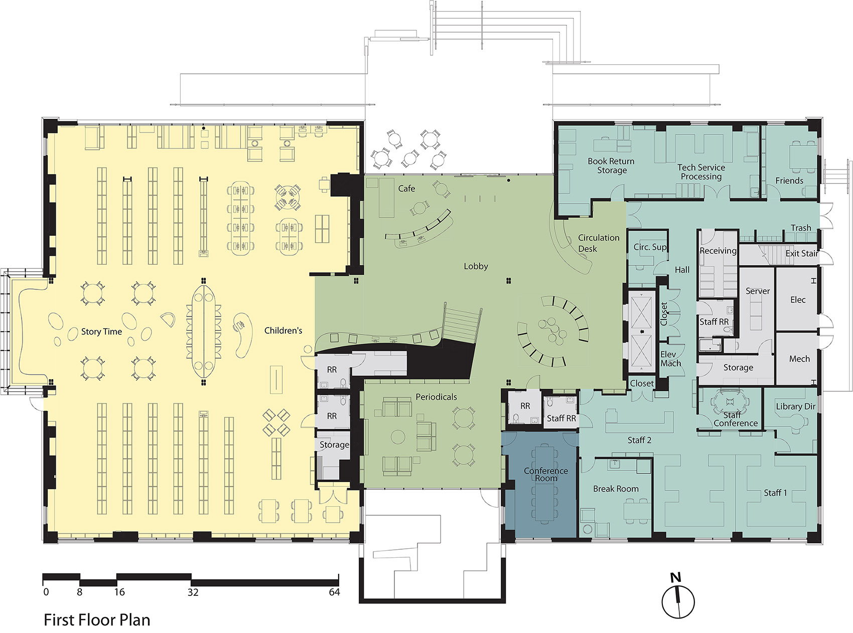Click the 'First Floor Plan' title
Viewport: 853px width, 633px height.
pyautogui.click(x=97, y=620)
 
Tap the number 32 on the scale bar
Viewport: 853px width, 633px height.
pyautogui.click(x=193, y=592)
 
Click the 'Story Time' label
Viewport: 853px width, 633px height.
pyautogui.click(x=101, y=332)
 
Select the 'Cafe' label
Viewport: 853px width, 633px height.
pyautogui.click(x=406, y=189)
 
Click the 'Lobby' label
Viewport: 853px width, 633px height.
pyautogui.click(x=476, y=266)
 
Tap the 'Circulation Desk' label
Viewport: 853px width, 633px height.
pyautogui.click(x=599, y=243)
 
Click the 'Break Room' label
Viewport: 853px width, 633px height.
pyautogui.click(x=616, y=489)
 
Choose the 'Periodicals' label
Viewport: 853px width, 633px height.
pyautogui.click(x=436, y=397)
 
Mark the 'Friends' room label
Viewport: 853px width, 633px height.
pyautogui.click(x=789, y=181)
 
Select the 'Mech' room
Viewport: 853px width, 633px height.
pyautogui.click(x=799, y=359)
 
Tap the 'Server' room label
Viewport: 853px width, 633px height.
pyautogui.click(x=758, y=291)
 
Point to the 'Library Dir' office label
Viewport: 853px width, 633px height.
pyautogui.click(x=795, y=406)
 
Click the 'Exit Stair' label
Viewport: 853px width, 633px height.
pyautogui.click(x=802, y=254)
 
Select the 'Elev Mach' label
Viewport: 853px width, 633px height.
pyautogui.click(x=671, y=359)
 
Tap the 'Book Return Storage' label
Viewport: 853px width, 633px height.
pyautogui.click(x=611, y=166)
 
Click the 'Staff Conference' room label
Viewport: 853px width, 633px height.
pyautogui.click(x=736, y=419)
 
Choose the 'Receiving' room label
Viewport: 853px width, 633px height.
pyautogui.click(x=718, y=251)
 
